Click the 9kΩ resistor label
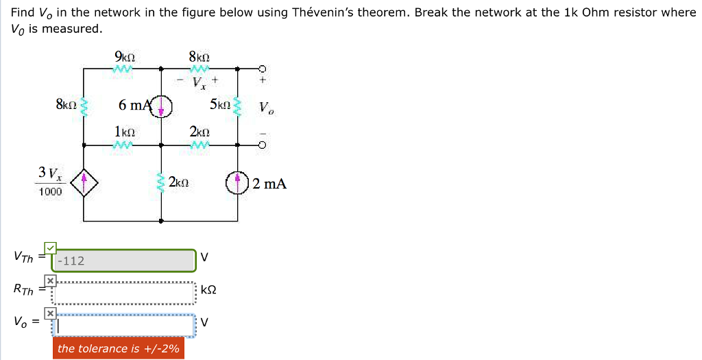click(125, 57)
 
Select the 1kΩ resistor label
click(124, 131)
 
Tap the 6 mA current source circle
click(162, 106)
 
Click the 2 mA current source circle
click(237, 183)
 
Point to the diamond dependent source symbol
click(84, 182)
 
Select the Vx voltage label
click(199, 83)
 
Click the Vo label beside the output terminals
click(265, 108)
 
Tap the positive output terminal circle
click(261, 69)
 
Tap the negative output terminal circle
click(261, 145)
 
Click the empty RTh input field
click(125, 293)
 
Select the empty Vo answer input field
click(125, 326)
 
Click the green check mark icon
click(50, 248)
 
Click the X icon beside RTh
click(50, 280)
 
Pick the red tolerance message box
click(119, 348)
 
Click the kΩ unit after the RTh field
click(209, 290)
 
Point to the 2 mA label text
click(269, 184)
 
